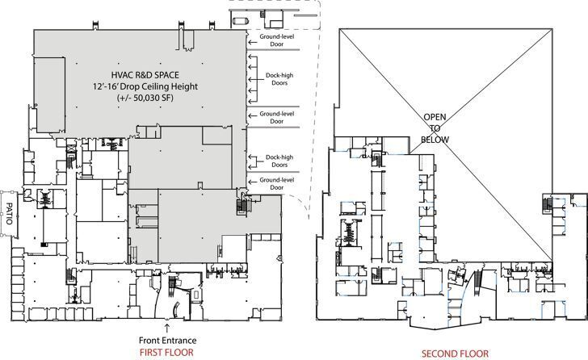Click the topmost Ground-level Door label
click(276, 40)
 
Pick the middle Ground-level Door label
click(276, 118)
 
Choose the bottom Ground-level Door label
click(276, 183)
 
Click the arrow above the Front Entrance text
click(166, 327)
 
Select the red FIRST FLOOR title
click(166, 353)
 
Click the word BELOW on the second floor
click(435, 139)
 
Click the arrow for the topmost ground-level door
click(251, 37)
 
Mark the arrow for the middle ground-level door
click(251, 115)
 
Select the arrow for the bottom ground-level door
click(251, 180)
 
